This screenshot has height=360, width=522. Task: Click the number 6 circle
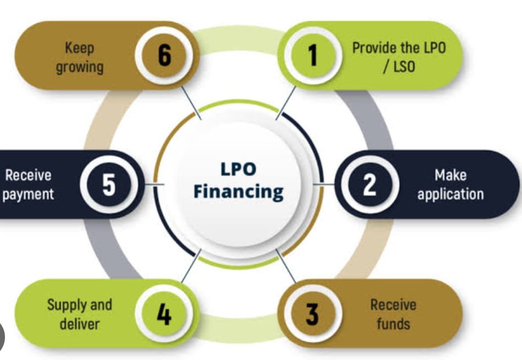[164, 56]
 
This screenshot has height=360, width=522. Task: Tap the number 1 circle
[313, 56]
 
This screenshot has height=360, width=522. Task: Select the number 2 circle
[369, 184]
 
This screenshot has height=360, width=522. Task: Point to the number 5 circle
[109, 184]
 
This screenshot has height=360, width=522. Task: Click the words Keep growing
[79, 57]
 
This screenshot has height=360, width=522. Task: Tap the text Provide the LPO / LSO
[399, 57]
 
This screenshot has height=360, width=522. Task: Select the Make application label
[450, 184]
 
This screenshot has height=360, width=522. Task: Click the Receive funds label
[393, 314]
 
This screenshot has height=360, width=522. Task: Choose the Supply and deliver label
[79, 314]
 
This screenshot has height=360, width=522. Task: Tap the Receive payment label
[28, 184]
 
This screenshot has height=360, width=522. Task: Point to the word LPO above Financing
[238, 169]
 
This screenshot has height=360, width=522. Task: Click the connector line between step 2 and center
[324, 184]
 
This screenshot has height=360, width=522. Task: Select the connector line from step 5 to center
[154, 184]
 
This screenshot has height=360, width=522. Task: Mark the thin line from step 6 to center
[192, 102]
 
